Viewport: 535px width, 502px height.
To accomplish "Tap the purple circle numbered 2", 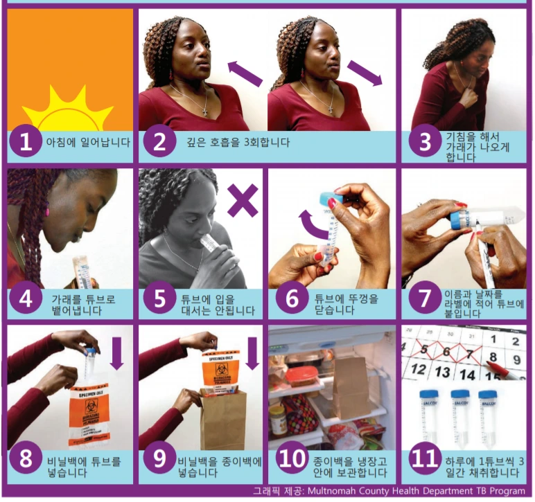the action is (159, 142).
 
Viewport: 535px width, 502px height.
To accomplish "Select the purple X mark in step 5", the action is (243, 200).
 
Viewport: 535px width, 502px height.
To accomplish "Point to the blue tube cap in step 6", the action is (331, 197).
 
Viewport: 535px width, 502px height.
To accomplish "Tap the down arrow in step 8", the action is (116, 353).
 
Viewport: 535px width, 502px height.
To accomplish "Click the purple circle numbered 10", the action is (291, 458).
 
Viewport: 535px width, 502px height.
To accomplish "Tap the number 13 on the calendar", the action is (442, 371).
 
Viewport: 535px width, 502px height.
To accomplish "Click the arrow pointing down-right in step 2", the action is (365, 73).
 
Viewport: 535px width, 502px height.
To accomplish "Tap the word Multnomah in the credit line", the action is (330, 491).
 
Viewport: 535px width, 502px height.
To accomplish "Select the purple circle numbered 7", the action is (424, 298).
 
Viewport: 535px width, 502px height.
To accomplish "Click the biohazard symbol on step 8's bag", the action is (91, 406).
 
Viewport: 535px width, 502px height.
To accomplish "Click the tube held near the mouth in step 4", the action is (81, 273).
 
